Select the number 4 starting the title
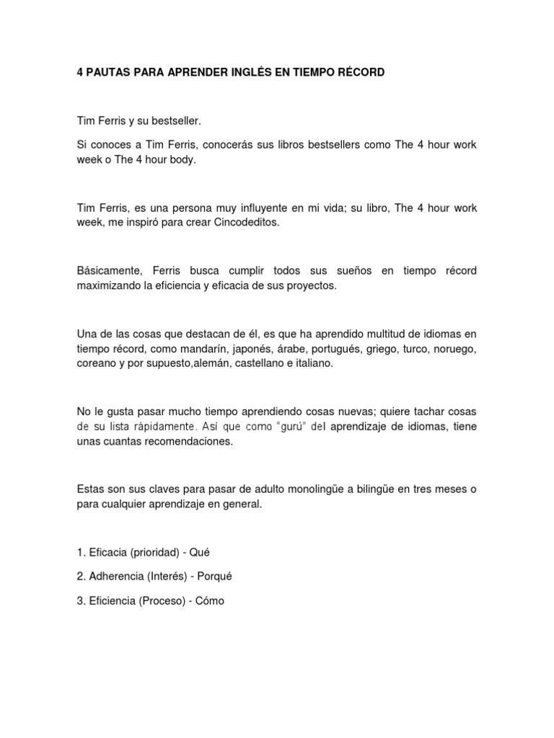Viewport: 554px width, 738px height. (80, 74)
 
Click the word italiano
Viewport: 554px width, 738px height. (310, 364)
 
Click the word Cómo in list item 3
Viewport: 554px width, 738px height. (211, 600)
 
